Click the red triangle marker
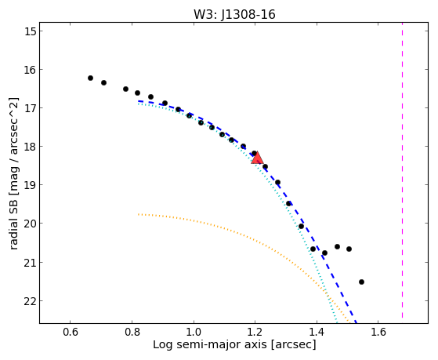pos(257,158)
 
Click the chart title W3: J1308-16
pos(234,15)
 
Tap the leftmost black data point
pos(90,78)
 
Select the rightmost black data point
pos(361,282)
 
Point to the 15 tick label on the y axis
pos(30,31)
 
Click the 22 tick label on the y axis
pos(30,301)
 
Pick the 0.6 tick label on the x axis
pos(70,332)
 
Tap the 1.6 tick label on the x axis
pos(378,332)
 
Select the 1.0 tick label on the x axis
pos(194,332)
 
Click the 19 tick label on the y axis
pos(30,185)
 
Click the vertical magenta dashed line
pos(402,170)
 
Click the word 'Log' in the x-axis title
pos(161,344)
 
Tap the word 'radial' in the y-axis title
pos(13,235)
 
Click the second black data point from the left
pos(103,83)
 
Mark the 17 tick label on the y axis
pos(30,108)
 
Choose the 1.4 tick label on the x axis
pos(317,332)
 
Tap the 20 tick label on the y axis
pos(30,224)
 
